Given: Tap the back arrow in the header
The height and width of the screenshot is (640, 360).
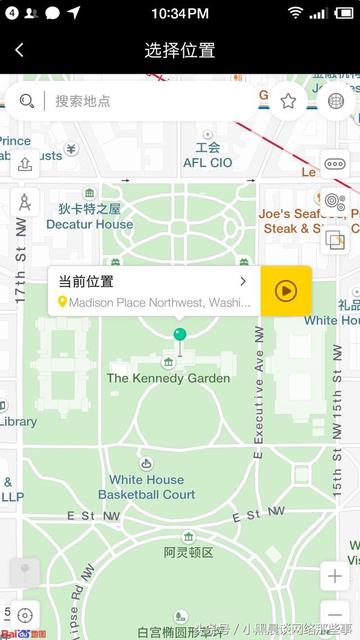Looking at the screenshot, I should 19,50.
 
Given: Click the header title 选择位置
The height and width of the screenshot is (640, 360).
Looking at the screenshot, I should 180,50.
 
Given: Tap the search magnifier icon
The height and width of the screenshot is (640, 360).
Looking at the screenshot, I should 27,101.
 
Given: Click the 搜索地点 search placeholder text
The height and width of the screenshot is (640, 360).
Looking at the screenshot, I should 83,101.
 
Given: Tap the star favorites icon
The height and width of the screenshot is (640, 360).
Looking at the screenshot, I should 288,101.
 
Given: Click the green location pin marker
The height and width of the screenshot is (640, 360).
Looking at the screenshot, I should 180,336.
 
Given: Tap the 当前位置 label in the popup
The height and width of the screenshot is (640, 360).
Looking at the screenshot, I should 86,281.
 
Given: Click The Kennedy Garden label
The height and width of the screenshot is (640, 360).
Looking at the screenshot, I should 168,378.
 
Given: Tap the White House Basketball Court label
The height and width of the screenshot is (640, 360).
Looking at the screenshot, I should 147,487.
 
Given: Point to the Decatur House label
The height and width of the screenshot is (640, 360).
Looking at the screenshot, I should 89,217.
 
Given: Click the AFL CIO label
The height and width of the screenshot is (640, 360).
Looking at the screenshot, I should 207,155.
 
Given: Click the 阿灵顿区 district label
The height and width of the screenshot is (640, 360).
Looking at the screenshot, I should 189,552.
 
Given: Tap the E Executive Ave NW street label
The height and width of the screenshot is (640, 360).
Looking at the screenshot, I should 258,390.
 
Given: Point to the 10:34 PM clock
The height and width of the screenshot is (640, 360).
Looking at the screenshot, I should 180,13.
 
